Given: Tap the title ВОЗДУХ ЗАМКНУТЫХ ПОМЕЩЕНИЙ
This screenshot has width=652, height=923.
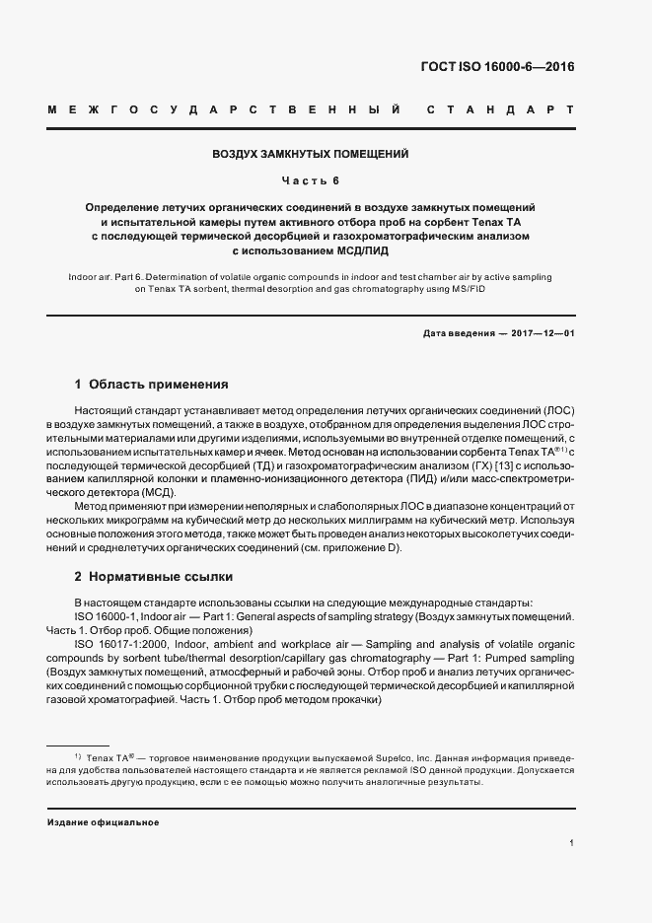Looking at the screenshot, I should click(x=311, y=155).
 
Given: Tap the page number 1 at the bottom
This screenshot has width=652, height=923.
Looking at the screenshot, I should click(x=572, y=843).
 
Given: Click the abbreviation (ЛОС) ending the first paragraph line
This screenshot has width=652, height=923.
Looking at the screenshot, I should click(x=556, y=409).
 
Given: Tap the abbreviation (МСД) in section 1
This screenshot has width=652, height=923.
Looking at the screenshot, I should click(x=157, y=491).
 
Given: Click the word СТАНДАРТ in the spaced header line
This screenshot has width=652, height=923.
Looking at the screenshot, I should click(x=500, y=109).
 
